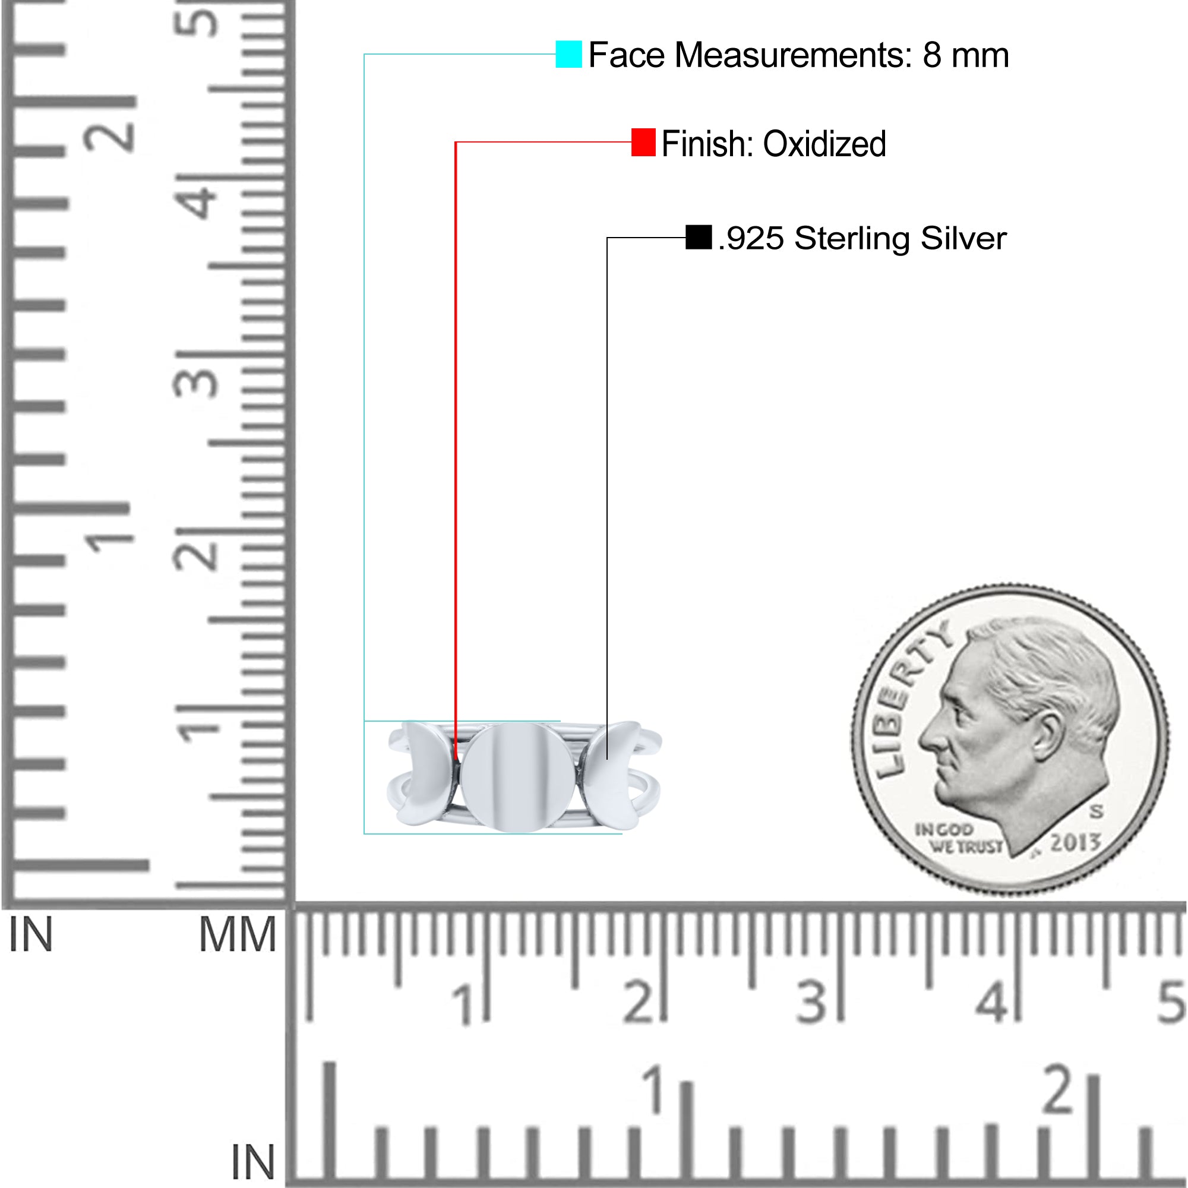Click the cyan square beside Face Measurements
[568, 54]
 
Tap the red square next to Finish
[643, 142]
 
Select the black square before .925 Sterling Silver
[699, 237]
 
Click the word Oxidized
[824, 144]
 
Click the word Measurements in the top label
[793, 55]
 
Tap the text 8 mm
[965, 55]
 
